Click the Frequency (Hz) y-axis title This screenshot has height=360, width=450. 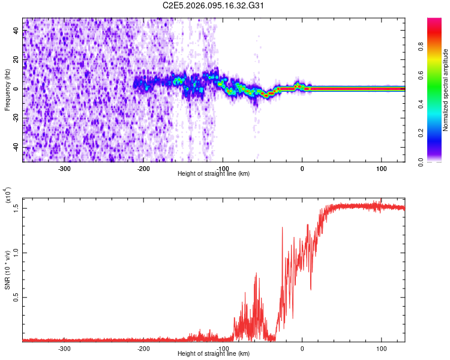[7, 89]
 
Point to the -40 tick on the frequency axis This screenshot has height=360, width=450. [16, 147]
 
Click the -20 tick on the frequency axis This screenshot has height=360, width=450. [16, 118]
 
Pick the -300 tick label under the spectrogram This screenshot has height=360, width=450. [64, 168]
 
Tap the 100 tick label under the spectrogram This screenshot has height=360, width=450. [382, 168]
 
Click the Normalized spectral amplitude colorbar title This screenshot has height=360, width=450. [446, 90]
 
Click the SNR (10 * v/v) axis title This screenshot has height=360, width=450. [7, 267]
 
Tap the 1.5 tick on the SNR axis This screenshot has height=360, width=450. [16, 208]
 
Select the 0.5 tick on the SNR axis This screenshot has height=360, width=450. [16, 297]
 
